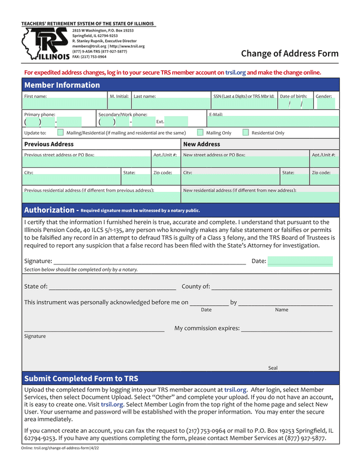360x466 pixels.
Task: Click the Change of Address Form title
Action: coord(290,53)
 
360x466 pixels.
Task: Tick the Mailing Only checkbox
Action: coord(200,133)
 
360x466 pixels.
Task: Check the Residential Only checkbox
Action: coord(246,133)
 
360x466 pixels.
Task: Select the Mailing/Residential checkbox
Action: coord(60,133)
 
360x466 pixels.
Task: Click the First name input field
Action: coord(65,104)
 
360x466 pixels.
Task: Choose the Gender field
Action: coord(325,104)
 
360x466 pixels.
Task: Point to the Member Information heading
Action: coord(62,85)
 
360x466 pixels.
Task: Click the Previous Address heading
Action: coord(49,145)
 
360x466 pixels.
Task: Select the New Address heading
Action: coord(202,145)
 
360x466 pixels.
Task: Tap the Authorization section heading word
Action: coord(48,210)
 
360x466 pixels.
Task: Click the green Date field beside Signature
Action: coord(300,261)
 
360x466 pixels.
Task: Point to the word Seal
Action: coord(273,368)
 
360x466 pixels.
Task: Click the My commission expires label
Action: coord(207,328)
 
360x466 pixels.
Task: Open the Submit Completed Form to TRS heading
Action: coord(81,378)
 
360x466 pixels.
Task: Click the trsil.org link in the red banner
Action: coord(236,73)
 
